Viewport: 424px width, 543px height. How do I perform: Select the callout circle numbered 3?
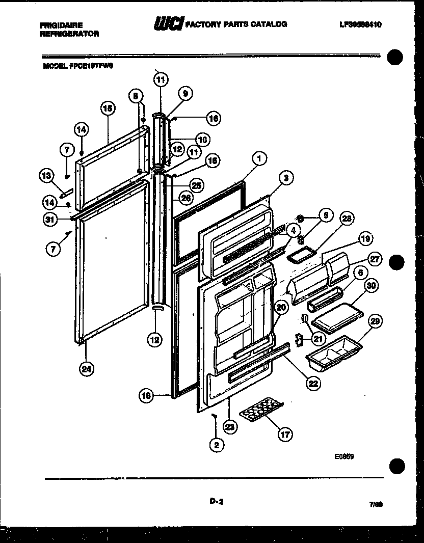(x=286, y=178)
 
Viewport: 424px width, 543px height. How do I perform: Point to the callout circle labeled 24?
(x=87, y=370)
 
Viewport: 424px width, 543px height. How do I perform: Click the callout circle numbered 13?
(x=46, y=176)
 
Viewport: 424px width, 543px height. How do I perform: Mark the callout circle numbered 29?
(x=374, y=321)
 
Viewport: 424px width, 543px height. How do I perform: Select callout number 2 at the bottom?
(x=217, y=445)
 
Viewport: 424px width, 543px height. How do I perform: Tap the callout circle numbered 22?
(x=313, y=384)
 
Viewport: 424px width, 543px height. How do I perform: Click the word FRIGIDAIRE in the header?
(x=60, y=24)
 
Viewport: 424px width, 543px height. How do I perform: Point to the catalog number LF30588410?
(x=360, y=24)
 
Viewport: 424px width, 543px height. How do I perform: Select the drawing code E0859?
(x=344, y=457)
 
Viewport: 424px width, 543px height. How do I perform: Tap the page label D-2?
(x=216, y=501)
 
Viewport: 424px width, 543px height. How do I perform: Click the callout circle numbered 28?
(x=347, y=219)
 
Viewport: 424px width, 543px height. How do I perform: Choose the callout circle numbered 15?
(x=108, y=108)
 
